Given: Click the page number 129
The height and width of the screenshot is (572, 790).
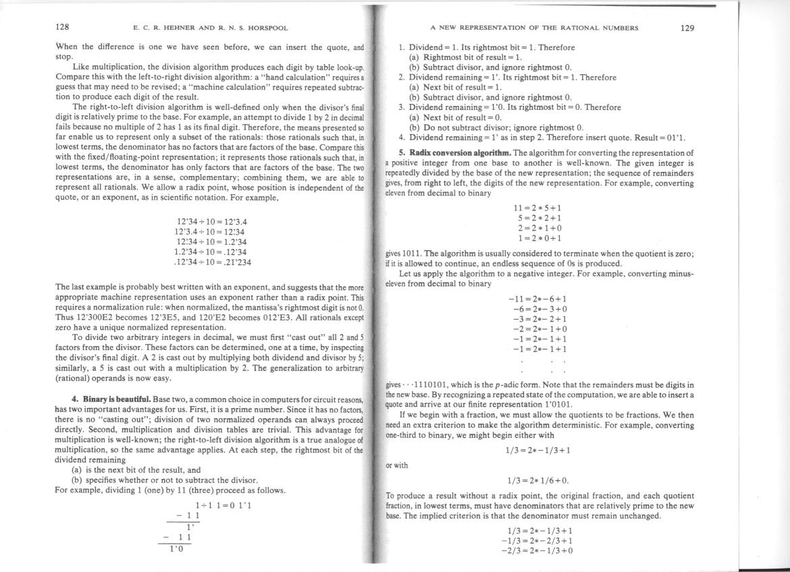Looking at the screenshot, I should point(687,28).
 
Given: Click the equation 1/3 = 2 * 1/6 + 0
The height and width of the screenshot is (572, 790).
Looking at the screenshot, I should point(537,480).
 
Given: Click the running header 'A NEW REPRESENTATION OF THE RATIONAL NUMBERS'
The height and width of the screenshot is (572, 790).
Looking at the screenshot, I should point(534,28).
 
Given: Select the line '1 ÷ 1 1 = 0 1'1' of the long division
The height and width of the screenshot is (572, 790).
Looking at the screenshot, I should point(223,505).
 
